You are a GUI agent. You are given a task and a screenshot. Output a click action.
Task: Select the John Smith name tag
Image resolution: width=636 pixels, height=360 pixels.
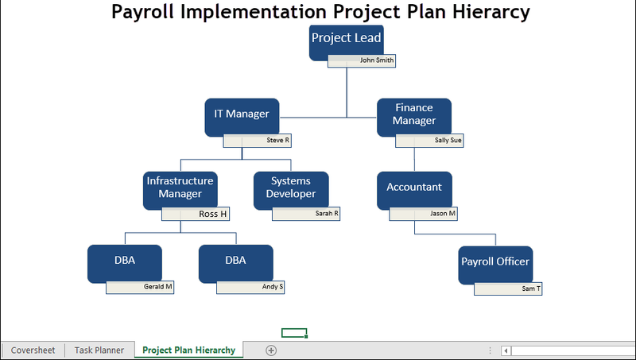[x=362, y=60]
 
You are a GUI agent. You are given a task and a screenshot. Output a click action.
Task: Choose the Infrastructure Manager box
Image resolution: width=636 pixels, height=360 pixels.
[x=180, y=188]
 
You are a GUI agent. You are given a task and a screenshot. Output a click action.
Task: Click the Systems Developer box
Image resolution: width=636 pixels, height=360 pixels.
[x=291, y=188]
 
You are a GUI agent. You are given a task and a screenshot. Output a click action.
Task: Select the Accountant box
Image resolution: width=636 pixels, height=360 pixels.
[x=414, y=188]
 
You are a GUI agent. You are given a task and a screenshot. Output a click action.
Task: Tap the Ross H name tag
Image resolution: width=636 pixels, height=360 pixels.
[x=196, y=214]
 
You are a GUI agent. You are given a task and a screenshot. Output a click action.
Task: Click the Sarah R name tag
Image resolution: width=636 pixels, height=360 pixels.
[x=306, y=214]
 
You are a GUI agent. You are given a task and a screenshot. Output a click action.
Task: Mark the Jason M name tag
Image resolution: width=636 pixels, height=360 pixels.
[x=424, y=214]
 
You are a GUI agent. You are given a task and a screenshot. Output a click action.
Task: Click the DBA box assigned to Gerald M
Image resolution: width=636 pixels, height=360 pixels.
[x=124, y=261]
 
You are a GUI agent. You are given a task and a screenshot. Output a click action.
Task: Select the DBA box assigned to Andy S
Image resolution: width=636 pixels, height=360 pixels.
[x=235, y=261]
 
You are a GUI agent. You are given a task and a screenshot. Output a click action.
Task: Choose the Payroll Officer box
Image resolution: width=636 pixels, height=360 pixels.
[x=494, y=263]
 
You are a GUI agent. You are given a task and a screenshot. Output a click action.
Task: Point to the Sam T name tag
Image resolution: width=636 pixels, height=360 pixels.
[x=508, y=288]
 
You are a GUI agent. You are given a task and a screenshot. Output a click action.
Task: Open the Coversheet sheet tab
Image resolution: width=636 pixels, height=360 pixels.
[x=33, y=350]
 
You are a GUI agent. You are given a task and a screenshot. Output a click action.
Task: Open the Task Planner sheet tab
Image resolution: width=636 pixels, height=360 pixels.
[x=99, y=350]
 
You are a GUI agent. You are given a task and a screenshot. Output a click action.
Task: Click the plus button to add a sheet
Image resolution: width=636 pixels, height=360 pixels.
[x=270, y=350]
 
